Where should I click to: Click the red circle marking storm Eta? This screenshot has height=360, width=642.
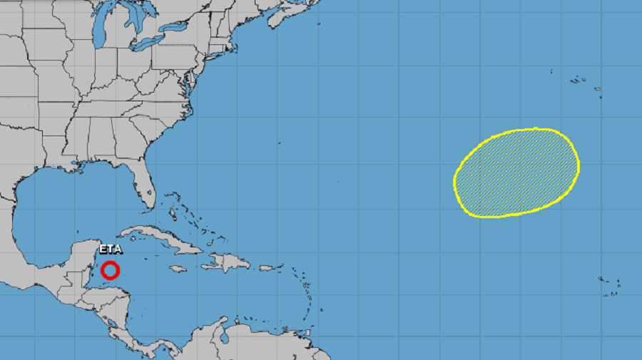(110, 270)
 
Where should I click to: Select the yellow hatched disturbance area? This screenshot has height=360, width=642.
(516, 173)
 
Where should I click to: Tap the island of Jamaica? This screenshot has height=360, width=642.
(178, 269)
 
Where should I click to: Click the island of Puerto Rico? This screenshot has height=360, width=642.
(270, 268)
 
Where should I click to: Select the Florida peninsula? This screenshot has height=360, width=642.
(143, 182)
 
